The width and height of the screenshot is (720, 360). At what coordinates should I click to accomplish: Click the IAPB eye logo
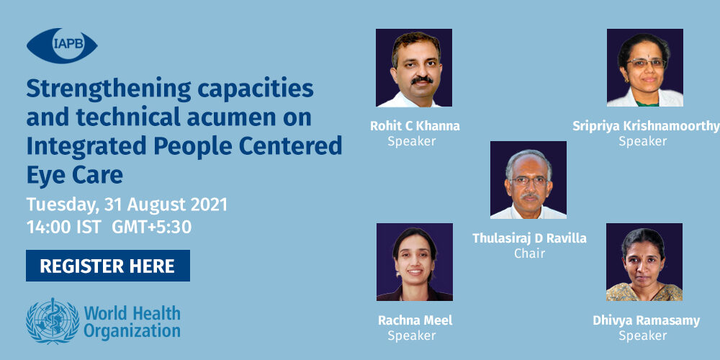(x=62, y=46)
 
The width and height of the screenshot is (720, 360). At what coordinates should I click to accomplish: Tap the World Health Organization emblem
(x=53, y=320)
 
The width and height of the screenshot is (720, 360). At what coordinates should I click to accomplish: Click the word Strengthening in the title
(x=109, y=89)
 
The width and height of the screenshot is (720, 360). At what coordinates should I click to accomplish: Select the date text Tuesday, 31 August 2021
(x=127, y=204)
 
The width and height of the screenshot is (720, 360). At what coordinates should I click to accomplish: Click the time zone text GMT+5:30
(x=151, y=228)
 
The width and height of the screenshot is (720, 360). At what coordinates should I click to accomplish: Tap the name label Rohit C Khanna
(x=415, y=126)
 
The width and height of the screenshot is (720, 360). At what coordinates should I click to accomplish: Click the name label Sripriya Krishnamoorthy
(x=646, y=126)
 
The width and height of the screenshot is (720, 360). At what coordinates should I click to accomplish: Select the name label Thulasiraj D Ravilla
(x=529, y=238)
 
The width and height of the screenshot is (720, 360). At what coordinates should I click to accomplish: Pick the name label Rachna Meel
(x=415, y=320)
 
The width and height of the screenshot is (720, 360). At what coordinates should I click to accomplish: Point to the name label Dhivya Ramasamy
(x=646, y=320)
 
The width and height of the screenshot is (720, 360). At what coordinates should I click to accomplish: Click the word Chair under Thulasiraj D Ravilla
(x=529, y=253)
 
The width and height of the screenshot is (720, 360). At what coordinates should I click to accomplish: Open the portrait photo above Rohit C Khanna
(x=414, y=68)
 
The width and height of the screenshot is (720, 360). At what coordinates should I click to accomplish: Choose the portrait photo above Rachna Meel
(x=415, y=262)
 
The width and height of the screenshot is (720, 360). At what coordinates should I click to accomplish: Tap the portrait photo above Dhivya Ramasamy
(x=644, y=262)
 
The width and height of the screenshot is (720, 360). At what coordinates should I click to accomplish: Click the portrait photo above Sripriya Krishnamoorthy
(x=644, y=68)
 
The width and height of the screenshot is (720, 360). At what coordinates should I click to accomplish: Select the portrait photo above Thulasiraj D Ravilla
(x=528, y=180)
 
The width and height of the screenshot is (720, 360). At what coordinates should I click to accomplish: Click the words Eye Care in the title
(x=74, y=176)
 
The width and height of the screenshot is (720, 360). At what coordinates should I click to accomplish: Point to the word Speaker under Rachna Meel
(x=411, y=336)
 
